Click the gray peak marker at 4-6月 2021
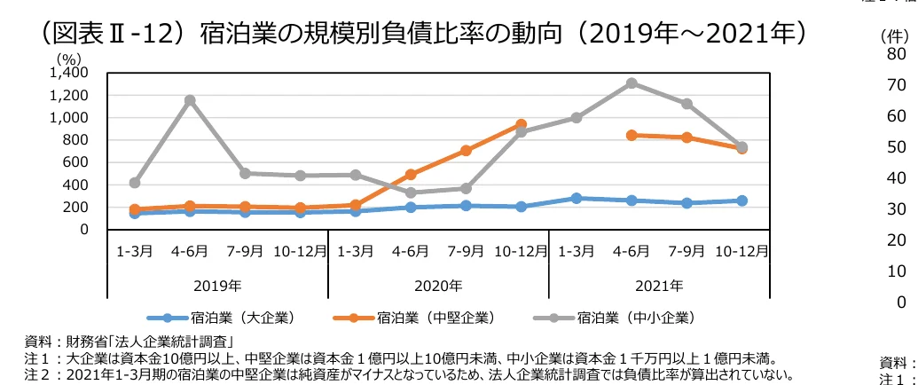(x=632, y=83)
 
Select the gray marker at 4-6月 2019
(x=190, y=100)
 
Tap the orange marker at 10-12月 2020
(x=522, y=125)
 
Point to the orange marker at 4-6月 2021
(x=632, y=135)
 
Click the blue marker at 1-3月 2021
(x=577, y=198)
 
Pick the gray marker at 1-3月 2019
(x=135, y=183)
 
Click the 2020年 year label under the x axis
(x=438, y=286)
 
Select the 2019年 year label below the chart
(x=217, y=286)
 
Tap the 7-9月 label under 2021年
(x=687, y=251)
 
